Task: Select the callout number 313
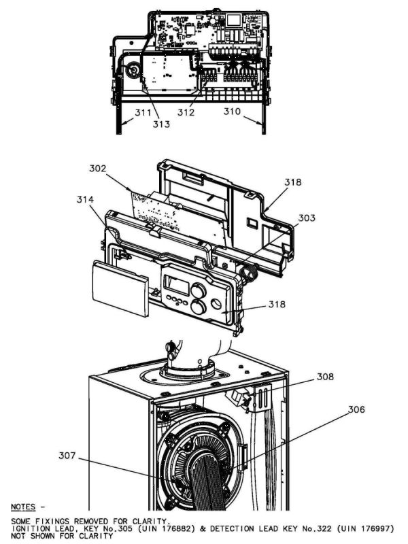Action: tap(161, 124)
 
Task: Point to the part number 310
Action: tap(233, 112)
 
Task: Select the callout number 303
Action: tap(307, 218)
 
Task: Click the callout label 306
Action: tap(356, 409)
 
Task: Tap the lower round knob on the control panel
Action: tap(199, 307)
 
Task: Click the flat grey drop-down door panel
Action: tap(120, 289)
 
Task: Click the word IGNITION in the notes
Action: tap(33, 528)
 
